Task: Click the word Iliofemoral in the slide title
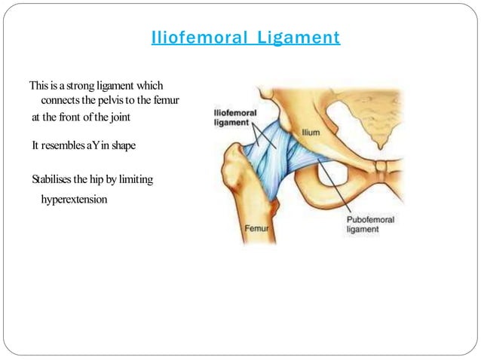pos(196,37)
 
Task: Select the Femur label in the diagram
pos(257,227)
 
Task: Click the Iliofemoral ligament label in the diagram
pos(233,117)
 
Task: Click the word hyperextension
pos(74,200)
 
